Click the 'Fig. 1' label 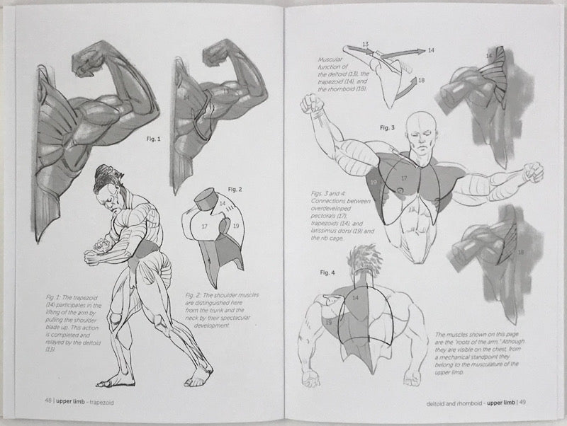pos(152,139)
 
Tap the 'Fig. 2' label pos(235,189)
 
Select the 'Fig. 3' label pos(387,127)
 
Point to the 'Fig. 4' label pos(327,272)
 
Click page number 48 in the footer pos(47,401)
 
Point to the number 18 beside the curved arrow pos(422,81)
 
